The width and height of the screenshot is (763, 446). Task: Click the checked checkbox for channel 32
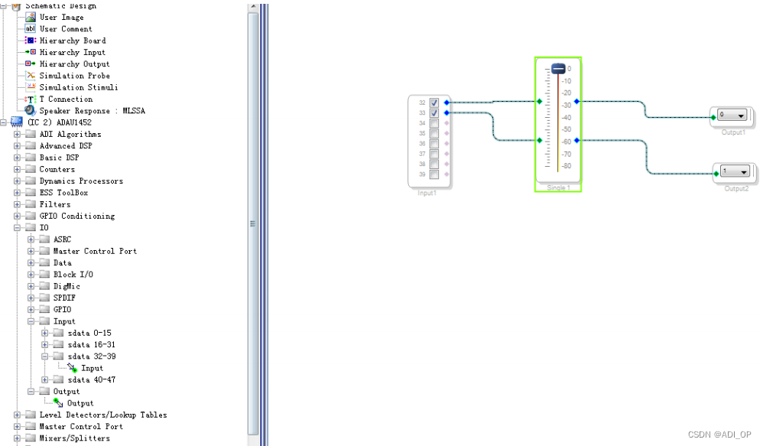[433, 102]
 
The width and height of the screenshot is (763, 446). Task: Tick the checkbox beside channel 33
[433, 112]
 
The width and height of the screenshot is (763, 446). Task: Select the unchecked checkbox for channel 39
[433, 174]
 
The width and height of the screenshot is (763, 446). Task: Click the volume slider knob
[558, 69]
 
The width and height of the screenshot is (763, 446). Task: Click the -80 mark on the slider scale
[568, 166]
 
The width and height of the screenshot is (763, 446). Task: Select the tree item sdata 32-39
[92, 356]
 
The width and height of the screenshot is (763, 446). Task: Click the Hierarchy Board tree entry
[73, 41]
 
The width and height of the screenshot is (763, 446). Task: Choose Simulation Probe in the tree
[74, 76]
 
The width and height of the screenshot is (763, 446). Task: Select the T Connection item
[66, 99]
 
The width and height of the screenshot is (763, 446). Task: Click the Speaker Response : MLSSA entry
[92, 111]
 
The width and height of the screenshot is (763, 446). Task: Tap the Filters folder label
[55, 204]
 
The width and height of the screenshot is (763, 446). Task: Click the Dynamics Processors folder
[81, 181]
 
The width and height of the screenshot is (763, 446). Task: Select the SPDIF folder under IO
[64, 298]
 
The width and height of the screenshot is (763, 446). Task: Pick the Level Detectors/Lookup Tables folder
[103, 415]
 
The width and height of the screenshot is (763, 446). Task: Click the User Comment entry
[66, 29]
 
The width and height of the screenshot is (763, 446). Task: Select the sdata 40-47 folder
[92, 379]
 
